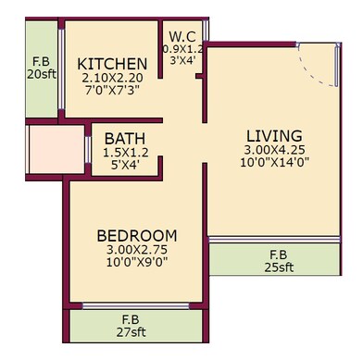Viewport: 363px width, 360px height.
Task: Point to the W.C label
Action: pyautogui.click(x=181, y=37)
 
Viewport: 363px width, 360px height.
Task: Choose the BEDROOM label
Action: pyautogui.click(x=137, y=235)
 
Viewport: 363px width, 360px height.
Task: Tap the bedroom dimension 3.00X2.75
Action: pyautogui.click(x=137, y=251)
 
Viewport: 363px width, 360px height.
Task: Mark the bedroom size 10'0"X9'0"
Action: pyautogui.click(x=137, y=265)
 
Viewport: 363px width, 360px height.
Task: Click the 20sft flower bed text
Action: pyautogui.click(x=41, y=76)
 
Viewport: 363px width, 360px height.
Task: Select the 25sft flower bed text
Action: pyautogui.click(x=277, y=267)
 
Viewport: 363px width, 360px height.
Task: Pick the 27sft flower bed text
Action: pyautogui.click(x=136, y=333)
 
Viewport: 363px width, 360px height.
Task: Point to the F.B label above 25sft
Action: pyautogui.click(x=277, y=254)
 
